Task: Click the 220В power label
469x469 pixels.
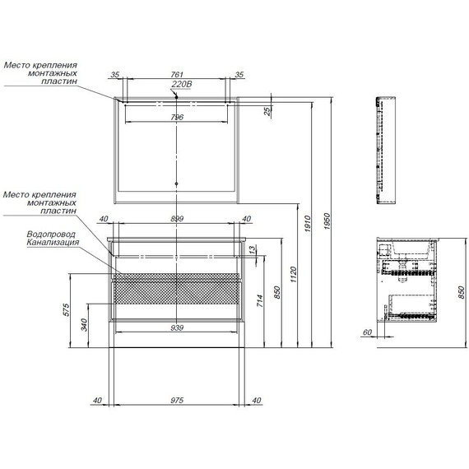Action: coord(181,85)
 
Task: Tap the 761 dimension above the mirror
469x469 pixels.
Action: coord(177,75)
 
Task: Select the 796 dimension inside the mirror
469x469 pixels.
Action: coord(177,117)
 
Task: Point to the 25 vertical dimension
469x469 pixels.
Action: coord(267,111)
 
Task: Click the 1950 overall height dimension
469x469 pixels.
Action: coord(327,221)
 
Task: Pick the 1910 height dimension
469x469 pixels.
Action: coord(308,224)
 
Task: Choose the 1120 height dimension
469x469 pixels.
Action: coord(293,275)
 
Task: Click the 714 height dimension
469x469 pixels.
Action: coord(260,300)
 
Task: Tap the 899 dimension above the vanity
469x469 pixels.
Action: coord(177,219)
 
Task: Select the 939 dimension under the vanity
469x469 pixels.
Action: coord(177,328)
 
